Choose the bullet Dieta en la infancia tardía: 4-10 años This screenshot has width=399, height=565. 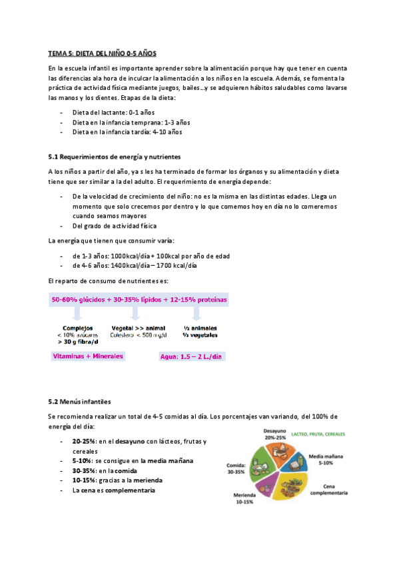click(x=127, y=132)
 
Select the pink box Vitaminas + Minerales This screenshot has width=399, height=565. click(x=89, y=356)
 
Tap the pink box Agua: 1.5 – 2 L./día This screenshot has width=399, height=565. click(x=191, y=356)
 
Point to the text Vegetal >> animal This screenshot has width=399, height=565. click(x=138, y=327)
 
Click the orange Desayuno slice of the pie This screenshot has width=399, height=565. click(x=276, y=454)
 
